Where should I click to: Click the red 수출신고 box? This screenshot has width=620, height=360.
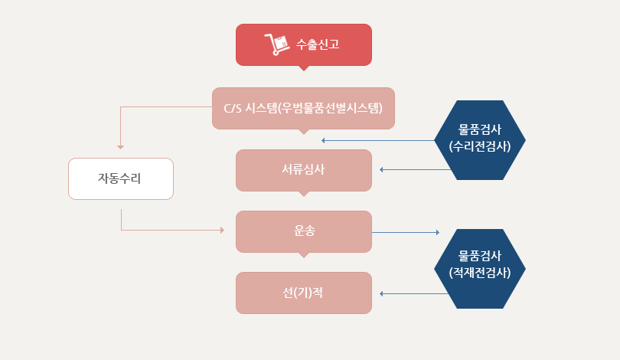point(304,44)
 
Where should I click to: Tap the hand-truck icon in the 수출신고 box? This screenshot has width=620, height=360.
point(276,44)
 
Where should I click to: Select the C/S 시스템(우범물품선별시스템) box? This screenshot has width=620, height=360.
point(303,108)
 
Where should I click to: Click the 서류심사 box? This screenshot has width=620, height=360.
point(304,170)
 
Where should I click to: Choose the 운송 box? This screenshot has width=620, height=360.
point(304,231)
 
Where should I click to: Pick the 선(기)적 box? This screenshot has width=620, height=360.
point(304,293)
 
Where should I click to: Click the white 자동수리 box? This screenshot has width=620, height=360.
point(121,178)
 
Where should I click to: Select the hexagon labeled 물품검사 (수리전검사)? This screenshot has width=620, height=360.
point(480,140)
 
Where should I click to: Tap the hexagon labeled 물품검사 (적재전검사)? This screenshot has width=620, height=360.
point(480,269)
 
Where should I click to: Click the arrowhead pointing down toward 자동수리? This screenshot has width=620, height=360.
point(121,147)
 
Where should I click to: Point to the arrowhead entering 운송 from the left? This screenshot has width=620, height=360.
point(222,230)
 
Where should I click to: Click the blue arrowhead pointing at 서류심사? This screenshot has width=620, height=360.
point(381,170)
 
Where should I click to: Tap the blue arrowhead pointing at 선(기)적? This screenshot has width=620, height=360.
point(381,293)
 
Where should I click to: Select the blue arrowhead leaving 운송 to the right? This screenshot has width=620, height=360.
point(438,232)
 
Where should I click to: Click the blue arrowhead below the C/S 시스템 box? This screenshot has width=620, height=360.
point(323,140)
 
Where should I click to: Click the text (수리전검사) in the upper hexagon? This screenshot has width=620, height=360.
point(480,146)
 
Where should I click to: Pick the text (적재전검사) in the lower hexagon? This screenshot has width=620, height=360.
point(480,272)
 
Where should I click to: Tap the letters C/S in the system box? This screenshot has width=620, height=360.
point(233,108)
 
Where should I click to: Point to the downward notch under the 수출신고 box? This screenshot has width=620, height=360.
point(304,68)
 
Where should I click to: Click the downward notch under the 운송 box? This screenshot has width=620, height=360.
point(304,255)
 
